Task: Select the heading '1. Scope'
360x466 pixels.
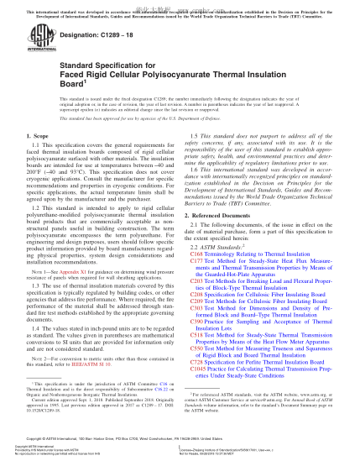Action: click(x=36, y=135)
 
